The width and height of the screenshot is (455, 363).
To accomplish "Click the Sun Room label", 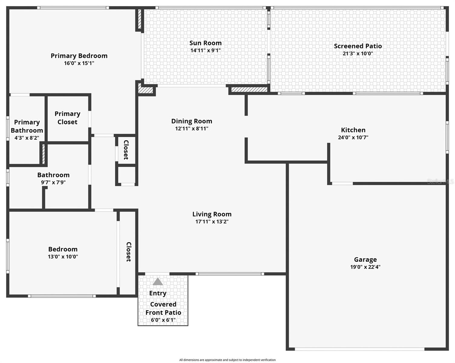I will coord(205,43).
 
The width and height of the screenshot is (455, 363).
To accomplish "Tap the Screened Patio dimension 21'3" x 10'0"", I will coord(358,54).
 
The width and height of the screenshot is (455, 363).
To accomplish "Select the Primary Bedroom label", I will coord(79,56).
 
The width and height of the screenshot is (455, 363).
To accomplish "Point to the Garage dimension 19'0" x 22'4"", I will coord(365,267).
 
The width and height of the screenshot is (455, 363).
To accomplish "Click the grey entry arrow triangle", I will coord(158,282).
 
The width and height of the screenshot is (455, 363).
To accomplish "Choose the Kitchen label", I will coord(353,130).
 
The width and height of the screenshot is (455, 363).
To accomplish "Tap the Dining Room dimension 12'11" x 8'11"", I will coord(191,129).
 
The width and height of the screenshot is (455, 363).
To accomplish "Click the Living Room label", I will coord(212,214).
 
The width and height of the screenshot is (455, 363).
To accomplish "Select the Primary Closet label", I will coord(67,118).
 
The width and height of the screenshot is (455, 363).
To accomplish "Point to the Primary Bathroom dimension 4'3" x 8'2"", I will coord(27,138).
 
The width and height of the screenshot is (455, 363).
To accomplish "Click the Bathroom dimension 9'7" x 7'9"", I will coord(53,182).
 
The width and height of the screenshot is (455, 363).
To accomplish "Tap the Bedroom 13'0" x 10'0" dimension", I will coord(63,257).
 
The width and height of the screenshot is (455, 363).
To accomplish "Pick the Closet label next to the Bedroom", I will coord(129,252).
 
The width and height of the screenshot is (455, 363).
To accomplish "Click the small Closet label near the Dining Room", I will coord(126,150).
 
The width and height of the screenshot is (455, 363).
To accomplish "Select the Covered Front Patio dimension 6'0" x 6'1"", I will coord(163,320).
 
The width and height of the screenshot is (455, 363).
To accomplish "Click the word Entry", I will coord(158,293).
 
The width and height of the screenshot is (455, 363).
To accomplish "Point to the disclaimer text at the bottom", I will coord(227,360).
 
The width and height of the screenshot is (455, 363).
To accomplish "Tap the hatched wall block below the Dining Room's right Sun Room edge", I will coord(249,90).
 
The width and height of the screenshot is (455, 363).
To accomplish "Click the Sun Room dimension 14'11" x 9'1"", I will coord(205,51).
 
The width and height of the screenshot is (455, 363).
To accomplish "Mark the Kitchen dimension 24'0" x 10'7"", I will coord(353,137).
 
